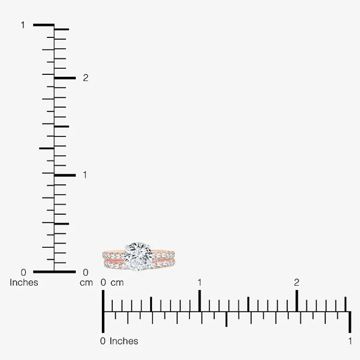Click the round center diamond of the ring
point(138,257)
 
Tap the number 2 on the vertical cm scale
point(86,78)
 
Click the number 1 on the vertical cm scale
point(85,175)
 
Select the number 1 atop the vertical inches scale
point(23,25)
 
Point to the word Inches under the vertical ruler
point(24,283)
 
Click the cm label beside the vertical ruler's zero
point(86,283)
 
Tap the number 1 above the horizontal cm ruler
point(200,283)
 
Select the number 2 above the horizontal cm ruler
point(296,283)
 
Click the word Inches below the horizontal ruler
point(124,341)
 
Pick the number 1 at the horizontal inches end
point(350,341)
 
